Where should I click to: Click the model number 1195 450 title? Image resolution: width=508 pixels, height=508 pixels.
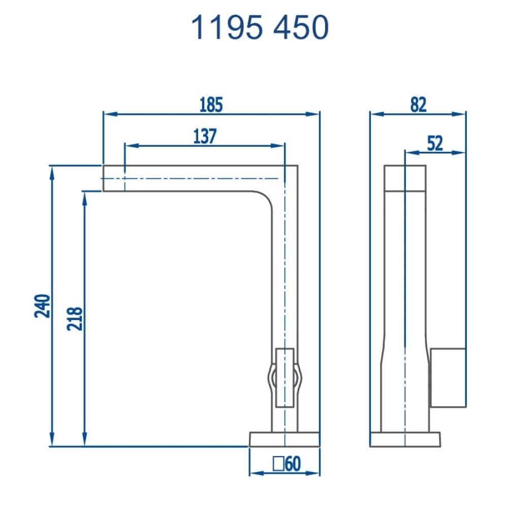[x=260, y=27]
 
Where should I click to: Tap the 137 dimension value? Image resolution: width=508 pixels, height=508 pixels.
[x=205, y=136]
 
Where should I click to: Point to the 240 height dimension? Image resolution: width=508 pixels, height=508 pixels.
[x=43, y=305]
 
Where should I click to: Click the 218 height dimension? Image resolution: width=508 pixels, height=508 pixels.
[x=75, y=319]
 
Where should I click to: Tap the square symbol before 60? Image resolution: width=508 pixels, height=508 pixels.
[x=278, y=463]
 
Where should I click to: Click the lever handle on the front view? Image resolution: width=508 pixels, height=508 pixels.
[x=284, y=378]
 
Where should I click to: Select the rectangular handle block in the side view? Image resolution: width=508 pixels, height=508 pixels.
[x=448, y=377]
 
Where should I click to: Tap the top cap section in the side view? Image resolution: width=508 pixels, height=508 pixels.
[x=405, y=177]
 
